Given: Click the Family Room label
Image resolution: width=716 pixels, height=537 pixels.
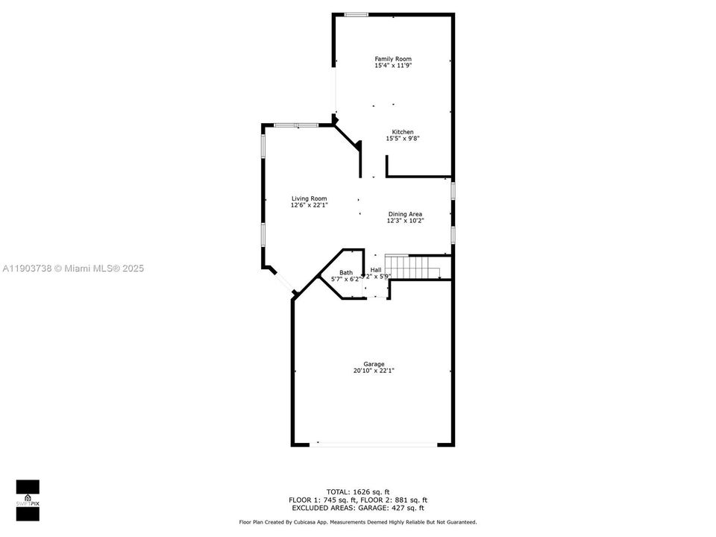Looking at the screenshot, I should (392, 59).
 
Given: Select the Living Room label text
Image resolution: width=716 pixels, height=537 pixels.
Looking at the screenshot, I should (309, 198).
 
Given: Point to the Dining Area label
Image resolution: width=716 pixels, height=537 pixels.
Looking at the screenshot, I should (404, 214).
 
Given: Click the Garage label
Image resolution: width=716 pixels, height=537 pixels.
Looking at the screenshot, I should (374, 364).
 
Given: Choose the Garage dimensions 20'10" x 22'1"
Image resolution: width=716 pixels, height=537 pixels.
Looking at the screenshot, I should (374, 371).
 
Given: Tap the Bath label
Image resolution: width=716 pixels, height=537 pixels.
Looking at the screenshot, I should (346, 272).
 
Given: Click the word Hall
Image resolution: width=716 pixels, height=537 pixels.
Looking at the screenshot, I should (376, 270).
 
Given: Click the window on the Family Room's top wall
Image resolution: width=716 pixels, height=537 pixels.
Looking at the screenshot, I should (356, 14).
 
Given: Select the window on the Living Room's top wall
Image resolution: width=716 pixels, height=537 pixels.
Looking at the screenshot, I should (297, 125).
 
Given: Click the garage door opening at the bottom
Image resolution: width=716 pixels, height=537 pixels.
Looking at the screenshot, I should (374, 445).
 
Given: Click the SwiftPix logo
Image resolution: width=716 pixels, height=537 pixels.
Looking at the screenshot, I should (28, 497).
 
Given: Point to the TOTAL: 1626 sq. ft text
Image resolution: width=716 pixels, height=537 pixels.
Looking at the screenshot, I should (358, 492).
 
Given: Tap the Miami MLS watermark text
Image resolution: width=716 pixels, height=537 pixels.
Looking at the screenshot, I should (73, 268).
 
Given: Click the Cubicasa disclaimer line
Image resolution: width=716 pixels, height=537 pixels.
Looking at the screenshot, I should (357, 522).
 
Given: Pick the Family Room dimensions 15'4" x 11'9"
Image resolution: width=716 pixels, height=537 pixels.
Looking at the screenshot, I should (392, 66).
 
